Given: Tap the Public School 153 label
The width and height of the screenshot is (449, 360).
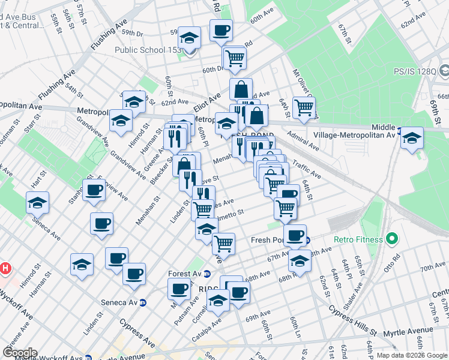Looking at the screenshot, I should pyautogui.click(x=148, y=50).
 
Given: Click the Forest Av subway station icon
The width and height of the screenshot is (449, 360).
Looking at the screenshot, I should pyautogui.click(x=207, y=274).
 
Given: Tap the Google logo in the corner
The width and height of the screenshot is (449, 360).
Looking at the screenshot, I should pyautogui.click(x=20, y=352).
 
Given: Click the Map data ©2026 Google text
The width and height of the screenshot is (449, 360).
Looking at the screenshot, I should pyautogui.click(x=412, y=355).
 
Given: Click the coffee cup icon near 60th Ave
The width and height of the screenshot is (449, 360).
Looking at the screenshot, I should pyautogui.click(x=221, y=30).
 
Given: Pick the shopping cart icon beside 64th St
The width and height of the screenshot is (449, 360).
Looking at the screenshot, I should pyautogui.click(x=304, y=107).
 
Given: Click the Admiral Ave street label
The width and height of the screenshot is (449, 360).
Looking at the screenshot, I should pyautogui.click(x=303, y=142).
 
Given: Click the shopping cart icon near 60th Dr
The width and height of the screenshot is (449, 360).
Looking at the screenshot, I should pyautogui.click(x=234, y=58).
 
